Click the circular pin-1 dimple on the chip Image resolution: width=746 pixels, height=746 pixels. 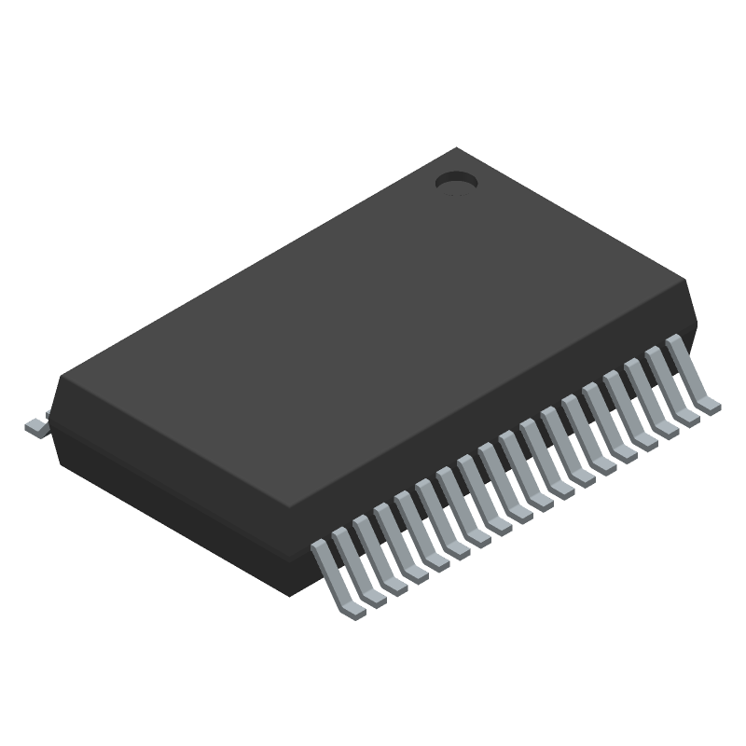(456, 182)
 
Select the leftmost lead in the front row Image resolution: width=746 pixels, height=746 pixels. (330, 573)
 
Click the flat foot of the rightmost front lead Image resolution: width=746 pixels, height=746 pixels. (710, 404)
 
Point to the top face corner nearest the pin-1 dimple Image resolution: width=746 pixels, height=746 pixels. (455, 148)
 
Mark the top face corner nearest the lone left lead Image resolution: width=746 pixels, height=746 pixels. (62, 378)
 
